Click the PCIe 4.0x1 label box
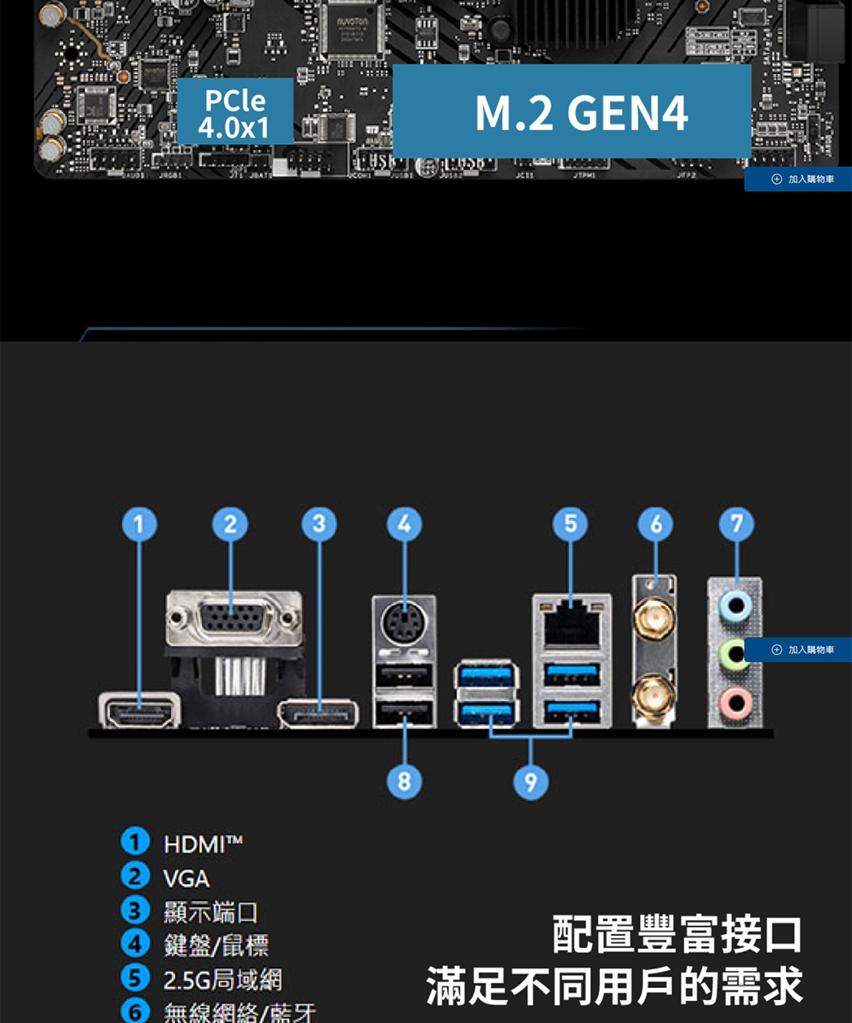pyautogui.click(x=234, y=114)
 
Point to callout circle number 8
pyautogui.click(x=404, y=781)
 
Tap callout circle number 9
pyautogui.click(x=530, y=781)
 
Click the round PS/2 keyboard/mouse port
pyautogui.click(x=404, y=625)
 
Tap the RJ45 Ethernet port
pyautogui.click(x=571, y=620)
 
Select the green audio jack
pyautogui.click(x=735, y=654)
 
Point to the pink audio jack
pyautogui.click(x=735, y=702)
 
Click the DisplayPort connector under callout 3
pyautogui.click(x=319, y=714)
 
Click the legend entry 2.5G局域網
pyautogui.click(x=222, y=980)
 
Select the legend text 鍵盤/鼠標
pyautogui.click(x=216, y=945)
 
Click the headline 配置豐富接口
pyautogui.click(x=677, y=935)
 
